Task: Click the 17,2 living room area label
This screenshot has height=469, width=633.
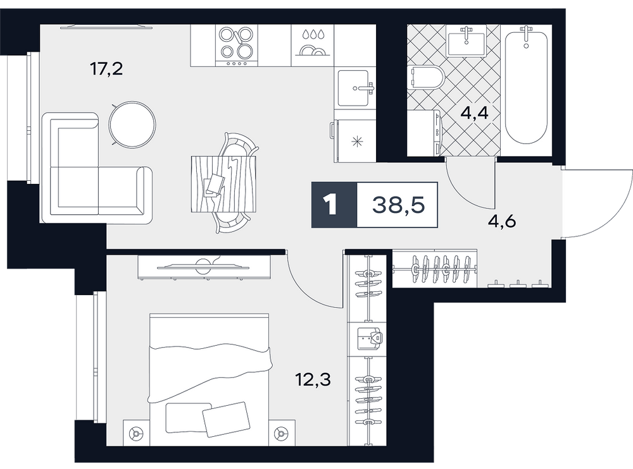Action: click(x=106, y=70)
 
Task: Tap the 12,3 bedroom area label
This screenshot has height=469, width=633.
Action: click(x=314, y=379)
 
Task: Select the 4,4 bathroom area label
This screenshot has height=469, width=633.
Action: click(x=475, y=113)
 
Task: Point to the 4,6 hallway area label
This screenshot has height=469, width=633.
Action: click(x=502, y=221)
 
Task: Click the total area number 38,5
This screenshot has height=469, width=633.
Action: click(x=398, y=205)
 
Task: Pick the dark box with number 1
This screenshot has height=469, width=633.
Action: click(x=334, y=205)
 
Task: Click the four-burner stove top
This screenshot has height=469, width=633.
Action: click(x=237, y=46)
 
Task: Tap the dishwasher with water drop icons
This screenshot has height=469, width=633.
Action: click(x=313, y=46)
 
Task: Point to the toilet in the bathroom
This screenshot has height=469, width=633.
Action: click(x=425, y=78)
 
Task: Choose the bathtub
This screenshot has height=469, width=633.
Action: click(x=526, y=84)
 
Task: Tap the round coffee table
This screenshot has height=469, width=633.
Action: click(x=132, y=125)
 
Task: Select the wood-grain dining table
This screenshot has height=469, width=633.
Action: click(x=224, y=183)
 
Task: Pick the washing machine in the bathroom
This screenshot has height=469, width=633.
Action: click(x=425, y=133)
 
